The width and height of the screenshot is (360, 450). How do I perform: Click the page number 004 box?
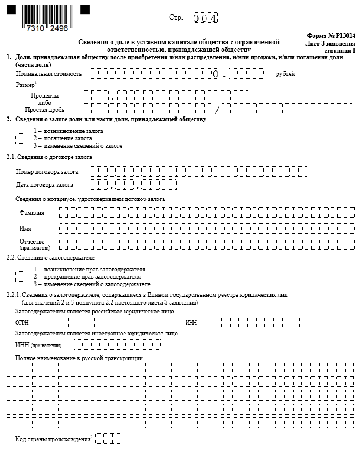pyautogui.click(x=205, y=18)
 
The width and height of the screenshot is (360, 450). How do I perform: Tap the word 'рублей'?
pyautogui.click(x=285, y=74)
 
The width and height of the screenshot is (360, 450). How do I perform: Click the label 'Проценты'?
pyautogui.click(x=44, y=95)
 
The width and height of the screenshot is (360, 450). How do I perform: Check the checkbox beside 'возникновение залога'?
pyautogui.click(x=20, y=138)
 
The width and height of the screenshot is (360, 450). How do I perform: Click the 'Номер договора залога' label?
pyautogui.click(x=47, y=172)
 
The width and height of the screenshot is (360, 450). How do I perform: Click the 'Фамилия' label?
pyautogui.click(x=31, y=212)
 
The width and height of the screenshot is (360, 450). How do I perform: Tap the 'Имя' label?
pyautogui.click(x=25, y=228)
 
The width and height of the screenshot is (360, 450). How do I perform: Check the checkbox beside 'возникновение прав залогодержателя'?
pyautogui.click(x=20, y=276)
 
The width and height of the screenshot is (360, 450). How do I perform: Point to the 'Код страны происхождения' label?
pyautogui.click(x=53, y=439)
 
